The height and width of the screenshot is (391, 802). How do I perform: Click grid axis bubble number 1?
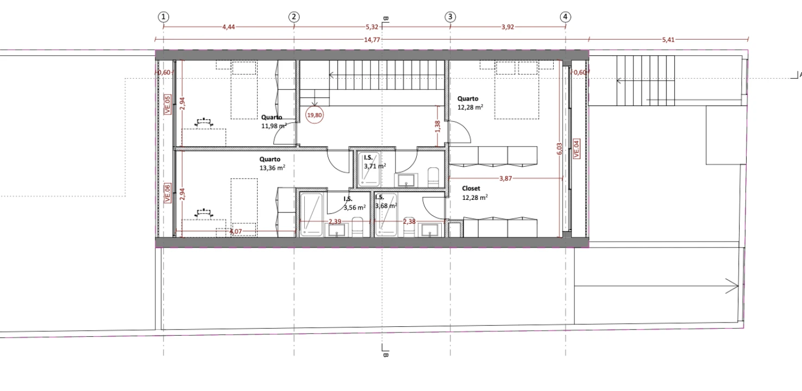[x=163, y=17]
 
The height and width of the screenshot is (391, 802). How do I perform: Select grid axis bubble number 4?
[x=565, y=17]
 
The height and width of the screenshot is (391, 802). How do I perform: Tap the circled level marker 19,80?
[x=315, y=115]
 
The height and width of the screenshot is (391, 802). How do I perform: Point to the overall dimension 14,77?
[x=372, y=40]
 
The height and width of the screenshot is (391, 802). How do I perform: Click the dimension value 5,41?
[x=668, y=40]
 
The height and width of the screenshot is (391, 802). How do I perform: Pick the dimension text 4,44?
[x=228, y=27]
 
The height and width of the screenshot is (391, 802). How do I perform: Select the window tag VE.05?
[x=167, y=104]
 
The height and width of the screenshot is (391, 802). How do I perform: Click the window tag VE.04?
[x=577, y=149]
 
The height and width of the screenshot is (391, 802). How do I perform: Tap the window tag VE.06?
[x=167, y=193]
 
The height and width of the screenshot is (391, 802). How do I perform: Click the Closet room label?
[x=471, y=188]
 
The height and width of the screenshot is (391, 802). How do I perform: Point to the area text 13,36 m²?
[x=272, y=167]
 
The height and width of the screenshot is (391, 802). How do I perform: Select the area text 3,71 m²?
[x=375, y=166]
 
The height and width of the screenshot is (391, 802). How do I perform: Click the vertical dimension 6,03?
[x=559, y=149]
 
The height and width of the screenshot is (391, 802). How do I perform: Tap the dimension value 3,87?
[x=505, y=178]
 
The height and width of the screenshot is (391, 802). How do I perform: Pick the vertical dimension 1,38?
[x=437, y=127]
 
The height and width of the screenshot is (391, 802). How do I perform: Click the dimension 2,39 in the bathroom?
[x=335, y=222]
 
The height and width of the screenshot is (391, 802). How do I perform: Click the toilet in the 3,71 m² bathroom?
[x=433, y=176]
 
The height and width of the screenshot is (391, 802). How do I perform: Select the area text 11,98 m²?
[x=274, y=125]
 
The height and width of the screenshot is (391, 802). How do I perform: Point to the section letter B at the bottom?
[x=386, y=355]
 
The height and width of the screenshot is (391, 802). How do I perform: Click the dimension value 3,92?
[x=507, y=27]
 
